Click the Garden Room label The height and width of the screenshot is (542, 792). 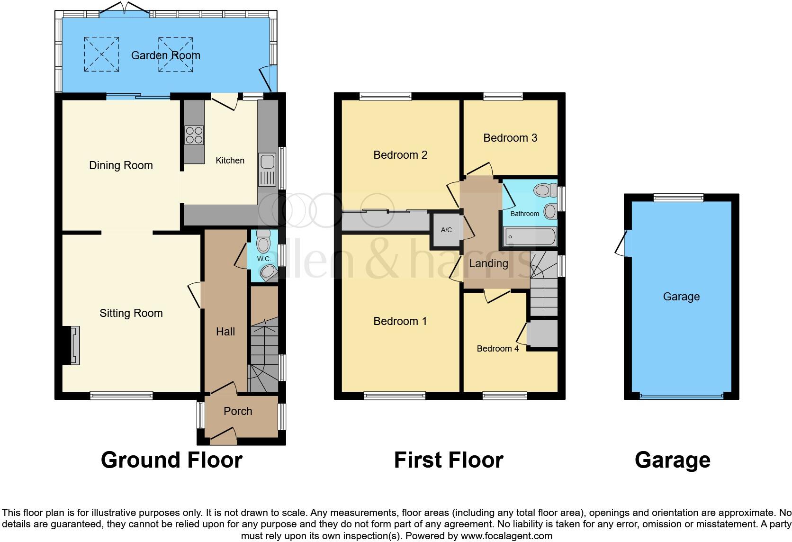[x=165, y=55]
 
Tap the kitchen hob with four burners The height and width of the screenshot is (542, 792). [x=194, y=135]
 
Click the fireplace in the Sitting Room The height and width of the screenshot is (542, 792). [x=74, y=345]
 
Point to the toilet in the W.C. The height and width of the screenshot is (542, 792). [x=262, y=242]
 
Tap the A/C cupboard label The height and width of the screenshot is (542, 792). [x=446, y=230]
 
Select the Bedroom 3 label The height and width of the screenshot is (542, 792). [x=510, y=138]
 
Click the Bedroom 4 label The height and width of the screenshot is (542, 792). [x=497, y=349]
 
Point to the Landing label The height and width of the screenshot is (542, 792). [x=488, y=263]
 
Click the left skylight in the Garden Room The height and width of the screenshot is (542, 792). [x=101, y=54]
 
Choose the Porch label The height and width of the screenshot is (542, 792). [x=238, y=411]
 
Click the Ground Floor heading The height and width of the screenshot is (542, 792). [x=171, y=460]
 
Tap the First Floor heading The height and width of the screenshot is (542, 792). [x=448, y=460]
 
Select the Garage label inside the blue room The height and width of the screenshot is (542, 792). [x=681, y=297]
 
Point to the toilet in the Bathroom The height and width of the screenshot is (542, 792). [x=545, y=190]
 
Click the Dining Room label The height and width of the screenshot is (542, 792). [x=121, y=165]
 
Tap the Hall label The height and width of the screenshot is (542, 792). [x=225, y=332]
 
